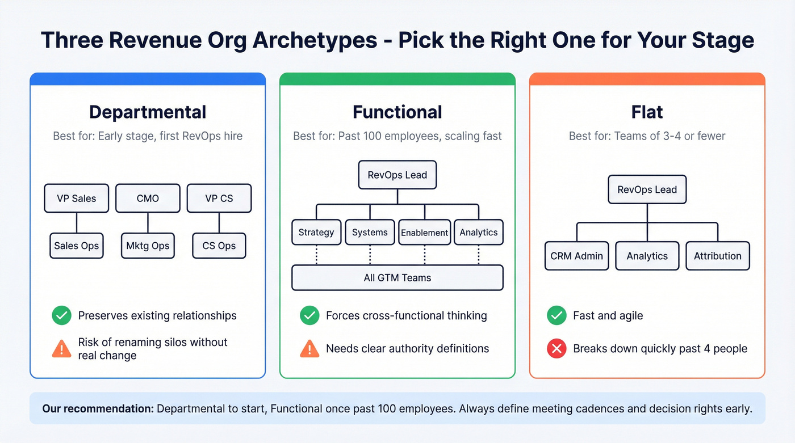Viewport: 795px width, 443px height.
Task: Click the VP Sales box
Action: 77,198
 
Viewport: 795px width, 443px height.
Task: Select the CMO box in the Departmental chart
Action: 148,198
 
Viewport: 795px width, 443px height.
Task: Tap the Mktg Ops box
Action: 148,246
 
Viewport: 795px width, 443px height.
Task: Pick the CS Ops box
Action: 219,246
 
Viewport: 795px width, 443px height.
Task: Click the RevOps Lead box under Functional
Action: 397,175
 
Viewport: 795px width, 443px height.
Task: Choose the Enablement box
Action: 425,233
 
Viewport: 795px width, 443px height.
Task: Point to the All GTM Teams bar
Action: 397,278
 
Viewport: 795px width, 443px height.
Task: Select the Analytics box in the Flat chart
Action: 647,256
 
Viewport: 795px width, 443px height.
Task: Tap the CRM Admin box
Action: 576,256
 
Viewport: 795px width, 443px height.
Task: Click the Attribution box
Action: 718,256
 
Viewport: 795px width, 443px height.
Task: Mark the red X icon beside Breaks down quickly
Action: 556,349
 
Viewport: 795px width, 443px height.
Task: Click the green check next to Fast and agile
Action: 556,316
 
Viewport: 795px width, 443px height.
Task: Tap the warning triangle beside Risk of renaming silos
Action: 61,349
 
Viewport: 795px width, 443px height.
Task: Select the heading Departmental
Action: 148,112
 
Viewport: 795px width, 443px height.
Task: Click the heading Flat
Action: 647,112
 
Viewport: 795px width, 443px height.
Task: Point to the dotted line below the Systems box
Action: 370,255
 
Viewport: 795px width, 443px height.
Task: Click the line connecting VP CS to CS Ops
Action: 219,222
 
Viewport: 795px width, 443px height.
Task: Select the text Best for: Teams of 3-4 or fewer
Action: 647,136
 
